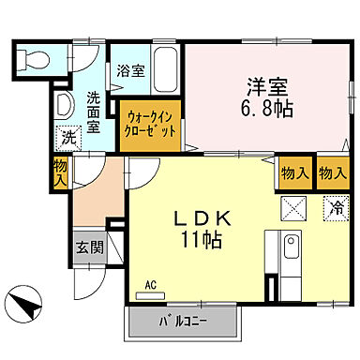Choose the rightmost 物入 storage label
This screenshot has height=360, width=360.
pyautogui.click(x=332, y=172)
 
